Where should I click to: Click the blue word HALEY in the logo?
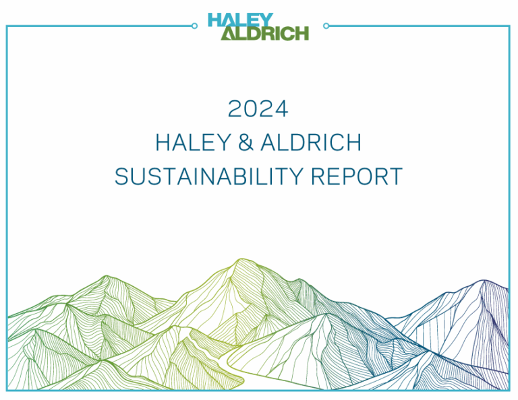241,20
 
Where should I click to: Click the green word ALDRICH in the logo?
264,33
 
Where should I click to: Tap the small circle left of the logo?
194,26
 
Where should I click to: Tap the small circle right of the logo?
326,26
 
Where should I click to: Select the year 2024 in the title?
258,109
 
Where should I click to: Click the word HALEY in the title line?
194,143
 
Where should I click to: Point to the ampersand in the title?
246,143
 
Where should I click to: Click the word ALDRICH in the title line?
311,143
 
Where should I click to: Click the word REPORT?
357,176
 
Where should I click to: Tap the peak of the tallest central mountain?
242,259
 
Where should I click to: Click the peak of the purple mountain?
484,281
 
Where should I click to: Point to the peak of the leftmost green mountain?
106,276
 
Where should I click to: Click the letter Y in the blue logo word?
267,20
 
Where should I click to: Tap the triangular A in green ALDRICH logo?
228,34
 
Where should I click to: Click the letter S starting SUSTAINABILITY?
121,176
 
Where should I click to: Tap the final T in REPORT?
396,176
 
